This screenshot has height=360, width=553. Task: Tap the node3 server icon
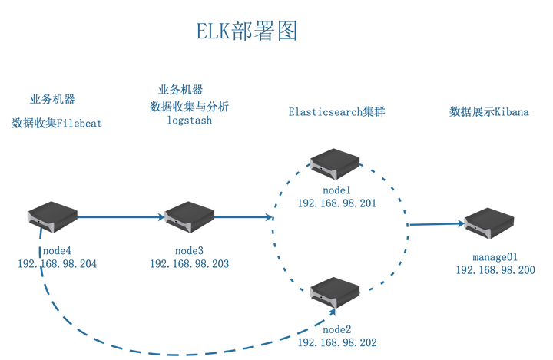pos(188,216)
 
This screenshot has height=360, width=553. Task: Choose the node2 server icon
pos(336,292)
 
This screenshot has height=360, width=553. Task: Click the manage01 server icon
pos(488,222)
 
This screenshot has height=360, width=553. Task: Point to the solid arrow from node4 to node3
pos(121,217)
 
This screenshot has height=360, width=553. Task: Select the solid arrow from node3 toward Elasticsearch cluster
pos(244,217)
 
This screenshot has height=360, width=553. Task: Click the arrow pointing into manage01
pos(435,224)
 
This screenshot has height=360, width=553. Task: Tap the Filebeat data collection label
pos(56,123)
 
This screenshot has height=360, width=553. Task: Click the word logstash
pos(189,121)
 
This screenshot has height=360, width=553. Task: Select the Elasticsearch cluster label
pos(336,111)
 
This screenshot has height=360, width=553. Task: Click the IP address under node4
pos(57,264)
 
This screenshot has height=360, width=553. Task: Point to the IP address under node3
pos(189,263)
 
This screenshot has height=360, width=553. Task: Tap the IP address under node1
pos(336,203)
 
